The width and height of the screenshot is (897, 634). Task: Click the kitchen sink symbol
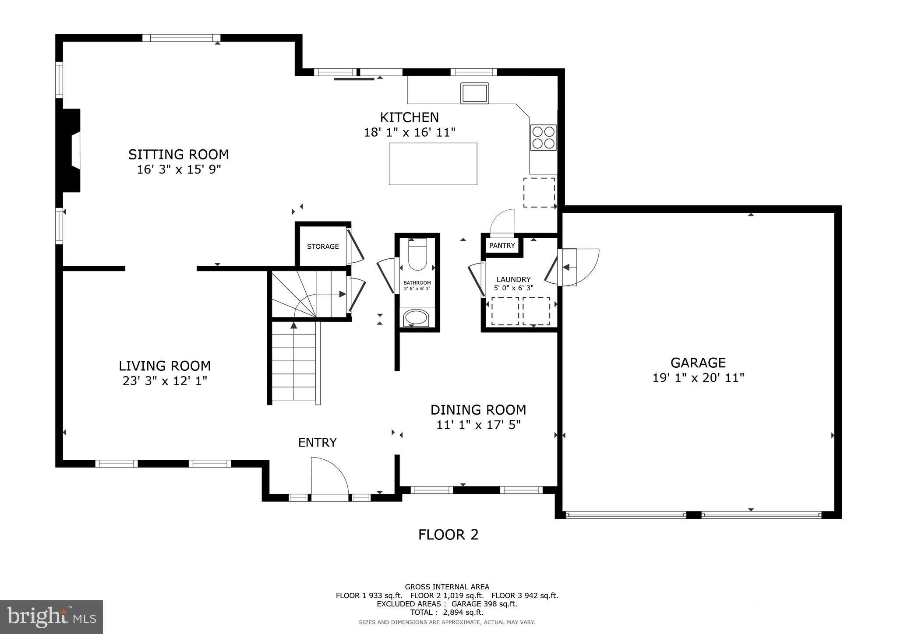pyautogui.click(x=474, y=93)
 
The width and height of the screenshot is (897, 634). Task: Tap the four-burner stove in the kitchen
pyautogui.click(x=543, y=137)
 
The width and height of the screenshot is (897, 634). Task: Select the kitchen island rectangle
pyautogui.click(x=433, y=164)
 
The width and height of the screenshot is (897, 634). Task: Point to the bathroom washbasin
pyautogui.click(x=416, y=317)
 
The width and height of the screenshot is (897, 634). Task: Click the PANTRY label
pyautogui.click(x=502, y=246)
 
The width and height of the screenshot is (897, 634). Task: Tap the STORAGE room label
pyautogui.click(x=323, y=247)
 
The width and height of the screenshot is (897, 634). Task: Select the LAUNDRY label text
pyautogui.click(x=513, y=279)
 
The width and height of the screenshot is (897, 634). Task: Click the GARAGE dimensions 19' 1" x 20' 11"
pyautogui.click(x=698, y=377)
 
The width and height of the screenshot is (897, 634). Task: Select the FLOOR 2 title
pyautogui.click(x=448, y=535)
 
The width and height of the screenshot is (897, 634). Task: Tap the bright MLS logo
pyautogui.click(x=51, y=617)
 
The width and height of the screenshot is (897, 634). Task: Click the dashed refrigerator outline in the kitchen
pyautogui.click(x=539, y=192)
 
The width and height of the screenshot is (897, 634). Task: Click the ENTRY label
pyautogui.click(x=317, y=443)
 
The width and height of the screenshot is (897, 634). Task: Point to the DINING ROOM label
pyautogui.click(x=478, y=410)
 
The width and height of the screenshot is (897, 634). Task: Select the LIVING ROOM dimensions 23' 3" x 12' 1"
pyautogui.click(x=165, y=381)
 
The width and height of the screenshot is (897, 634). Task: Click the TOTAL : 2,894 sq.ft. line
pyautogui.click(x=446, y=612)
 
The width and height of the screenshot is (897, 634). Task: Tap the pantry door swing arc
pyautogui.click(x=502, y=221)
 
